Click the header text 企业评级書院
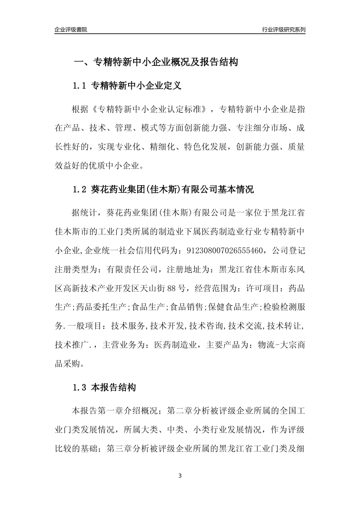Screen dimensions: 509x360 tap(71, 30)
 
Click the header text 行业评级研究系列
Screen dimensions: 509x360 tap(283, 30)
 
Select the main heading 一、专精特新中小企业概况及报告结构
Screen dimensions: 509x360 tap(155, 62)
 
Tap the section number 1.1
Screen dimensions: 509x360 tap(80, 86)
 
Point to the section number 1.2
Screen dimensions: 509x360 tap(80, 189)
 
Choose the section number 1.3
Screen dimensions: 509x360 tap(80, 388)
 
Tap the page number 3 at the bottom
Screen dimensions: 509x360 tap(180, 476)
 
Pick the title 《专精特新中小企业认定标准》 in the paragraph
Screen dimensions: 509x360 tap(150, 109)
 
